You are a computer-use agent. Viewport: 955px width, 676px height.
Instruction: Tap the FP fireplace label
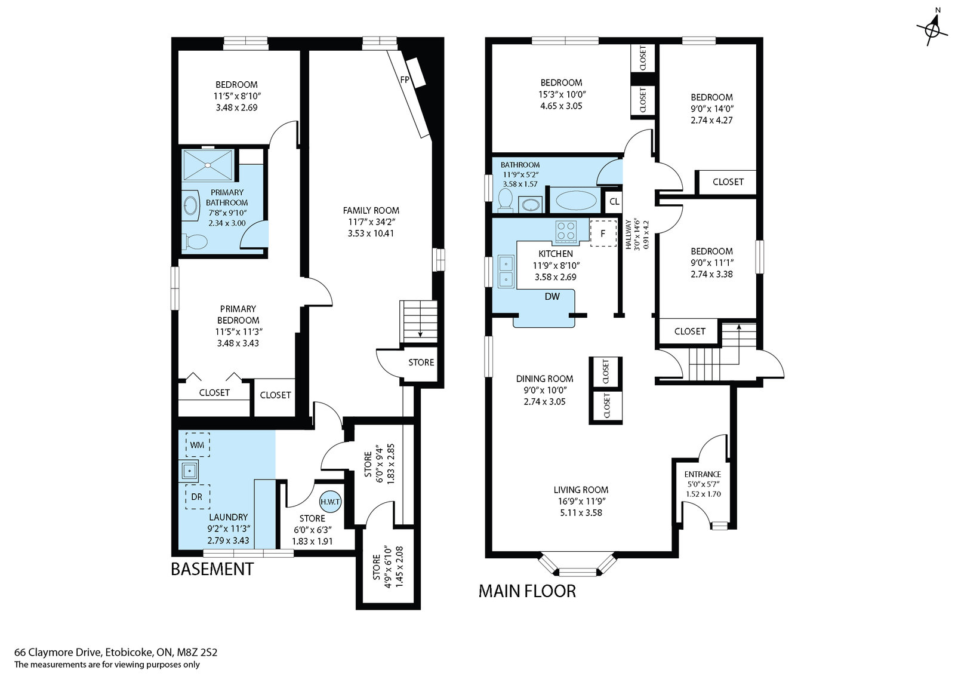(x=405, y=80)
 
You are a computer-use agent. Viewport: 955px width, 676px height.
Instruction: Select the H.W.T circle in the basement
(x=329, y=502)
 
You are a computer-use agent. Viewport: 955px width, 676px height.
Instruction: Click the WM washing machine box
(x=197, y=445)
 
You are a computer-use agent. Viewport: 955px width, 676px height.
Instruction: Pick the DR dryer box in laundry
(x=197, y=497)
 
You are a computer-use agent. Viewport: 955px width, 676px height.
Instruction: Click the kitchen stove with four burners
(x=566, y=232)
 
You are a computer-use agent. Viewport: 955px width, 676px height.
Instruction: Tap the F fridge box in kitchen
(x=603, y=233)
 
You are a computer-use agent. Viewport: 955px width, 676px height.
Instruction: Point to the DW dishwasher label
(x=552, y=297)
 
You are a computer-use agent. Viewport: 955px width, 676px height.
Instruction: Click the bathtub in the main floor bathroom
(x=575, y=201)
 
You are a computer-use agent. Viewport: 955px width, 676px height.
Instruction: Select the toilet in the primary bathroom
(x=196, y=242)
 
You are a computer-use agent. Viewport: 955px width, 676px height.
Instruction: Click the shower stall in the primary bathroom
(x=207, y=165)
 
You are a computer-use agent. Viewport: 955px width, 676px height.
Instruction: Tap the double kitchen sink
(x=506, y=271)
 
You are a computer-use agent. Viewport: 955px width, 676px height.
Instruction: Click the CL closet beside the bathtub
(x=614, y=202)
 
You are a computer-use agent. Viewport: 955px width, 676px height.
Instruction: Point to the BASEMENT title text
(x=212, y=569)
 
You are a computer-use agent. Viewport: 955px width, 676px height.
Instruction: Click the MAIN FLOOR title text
(x=527, y=591)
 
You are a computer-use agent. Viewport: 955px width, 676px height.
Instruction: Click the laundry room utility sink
(x=189, y=471)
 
